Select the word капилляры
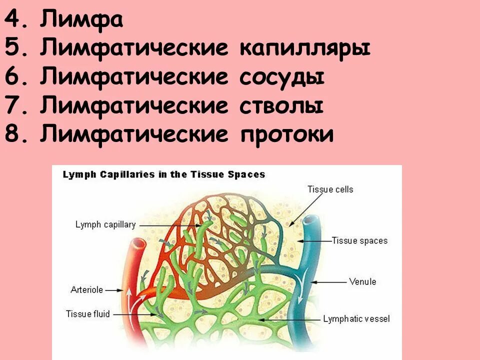point(305,49)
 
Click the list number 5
point(13,49)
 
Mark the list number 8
point(13,134)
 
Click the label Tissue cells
point(330,189)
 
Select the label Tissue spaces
point(359,240)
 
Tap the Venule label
point(362,281)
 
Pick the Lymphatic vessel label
point(356,318)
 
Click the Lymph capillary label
point(105,225)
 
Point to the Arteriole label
point(86,289)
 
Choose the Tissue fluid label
point(85,314)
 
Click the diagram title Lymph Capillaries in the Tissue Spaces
point(163,175)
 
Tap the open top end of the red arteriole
point(138,243)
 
